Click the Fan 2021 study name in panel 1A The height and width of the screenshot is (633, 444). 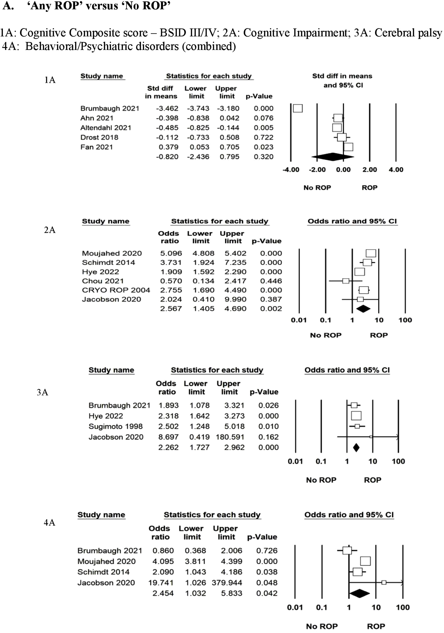click(97, 147)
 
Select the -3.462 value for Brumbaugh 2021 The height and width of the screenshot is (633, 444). click(167, 108)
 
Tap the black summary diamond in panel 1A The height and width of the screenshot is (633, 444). click(333, 157)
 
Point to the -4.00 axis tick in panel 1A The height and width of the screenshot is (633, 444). click(291, 169)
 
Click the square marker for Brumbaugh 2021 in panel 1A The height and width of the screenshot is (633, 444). click(298, 108)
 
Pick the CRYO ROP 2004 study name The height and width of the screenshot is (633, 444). click(116, 290)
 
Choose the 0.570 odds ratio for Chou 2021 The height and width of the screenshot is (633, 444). click(171, 281)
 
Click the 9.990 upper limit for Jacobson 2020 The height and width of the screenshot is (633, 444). click(235, 299)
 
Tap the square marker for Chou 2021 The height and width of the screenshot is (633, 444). click(345, 281)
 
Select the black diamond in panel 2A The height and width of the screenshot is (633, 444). click(363, 309)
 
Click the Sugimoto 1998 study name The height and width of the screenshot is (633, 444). click(115, 426)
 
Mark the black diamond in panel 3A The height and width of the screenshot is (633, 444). click(356, 447)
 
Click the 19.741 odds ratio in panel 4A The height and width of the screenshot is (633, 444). click(161, 583)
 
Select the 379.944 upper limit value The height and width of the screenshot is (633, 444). click(227, 583)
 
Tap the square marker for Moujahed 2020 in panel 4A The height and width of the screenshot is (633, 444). click(365, 561)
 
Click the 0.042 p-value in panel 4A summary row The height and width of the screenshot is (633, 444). click(266, 593)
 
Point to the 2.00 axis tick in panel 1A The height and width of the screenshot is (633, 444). click(369, 169)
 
